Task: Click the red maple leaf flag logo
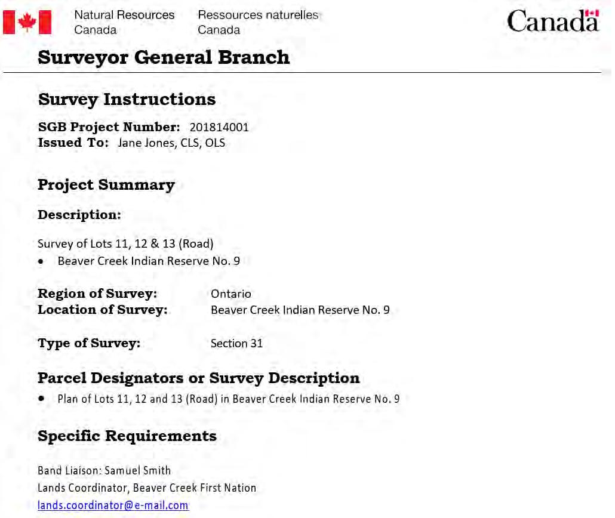[x=27, y=22]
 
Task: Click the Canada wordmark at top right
[x=552, y=21]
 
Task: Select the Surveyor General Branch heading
[x=164, y=57]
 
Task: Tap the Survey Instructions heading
[x=127, y=99]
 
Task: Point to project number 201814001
[x=219, y=127]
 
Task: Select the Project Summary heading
[x=106, y=185]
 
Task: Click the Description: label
[x=79, y=215]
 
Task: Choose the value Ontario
[x=231, y=294]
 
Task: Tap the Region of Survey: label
[x=97, y=294]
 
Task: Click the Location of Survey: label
[x=103, y=310]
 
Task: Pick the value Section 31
[x=236, y=343]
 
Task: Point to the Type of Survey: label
[x=89, y=343]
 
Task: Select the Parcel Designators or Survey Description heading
[x=198, y=378]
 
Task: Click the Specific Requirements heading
[x=127, y=436]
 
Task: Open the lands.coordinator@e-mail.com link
[x=113, y=505]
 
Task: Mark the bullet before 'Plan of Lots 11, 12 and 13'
[x=41, y=398]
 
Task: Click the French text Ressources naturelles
[x=258, y=15]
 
